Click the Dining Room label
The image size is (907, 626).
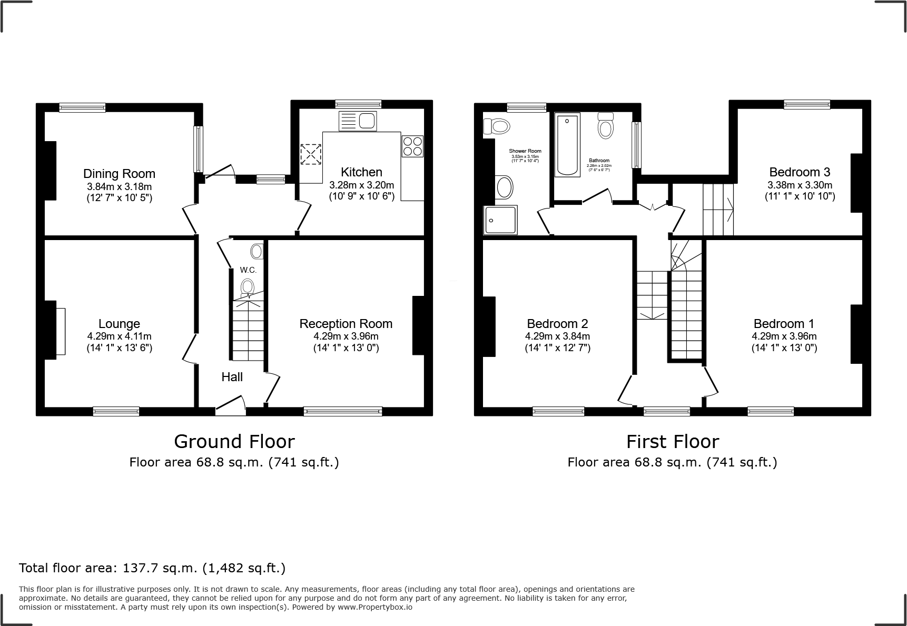tap(119, 174)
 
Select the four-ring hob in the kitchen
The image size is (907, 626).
tap(412, 146)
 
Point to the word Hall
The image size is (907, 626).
tap(232, 377)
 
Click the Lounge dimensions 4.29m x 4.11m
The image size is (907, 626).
tap(119, 336)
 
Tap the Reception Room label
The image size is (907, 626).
tap(346, 324)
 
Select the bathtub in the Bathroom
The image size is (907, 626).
tap(567, 145)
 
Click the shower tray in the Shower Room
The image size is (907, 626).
tap(500, 220)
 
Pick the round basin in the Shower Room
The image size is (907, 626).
tap(504, 187)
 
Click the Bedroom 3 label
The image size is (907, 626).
tap(799, 172)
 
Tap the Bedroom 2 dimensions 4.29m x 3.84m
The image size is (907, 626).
tap(557, 336)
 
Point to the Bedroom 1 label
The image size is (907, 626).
tap(784, 324)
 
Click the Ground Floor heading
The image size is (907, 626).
tap(234, 441)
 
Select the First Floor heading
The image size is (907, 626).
tap(672, 441)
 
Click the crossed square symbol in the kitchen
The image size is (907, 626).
tap(310, 155)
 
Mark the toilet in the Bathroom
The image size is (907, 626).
tap(606, 126)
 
